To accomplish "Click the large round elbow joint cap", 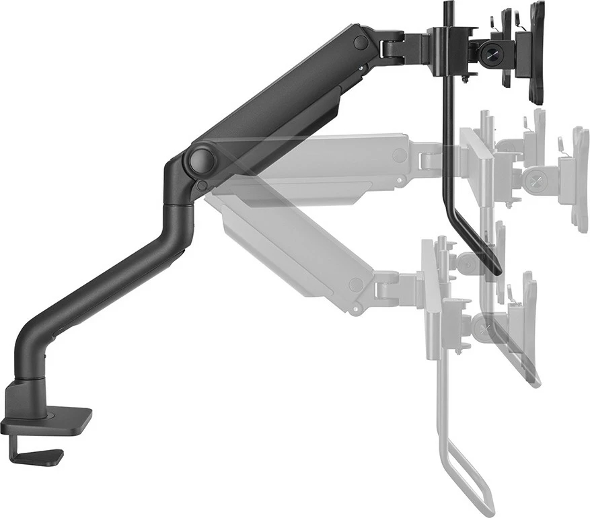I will point(201,161).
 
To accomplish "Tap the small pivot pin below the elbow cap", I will point(201,185).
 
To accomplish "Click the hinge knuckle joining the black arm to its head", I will point(394,49).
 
